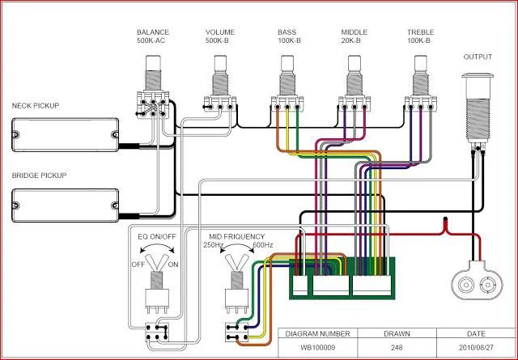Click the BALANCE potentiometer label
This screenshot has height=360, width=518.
coord(153,33)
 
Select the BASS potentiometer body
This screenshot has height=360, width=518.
coord(286,84)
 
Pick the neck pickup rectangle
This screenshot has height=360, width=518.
coord(65,134)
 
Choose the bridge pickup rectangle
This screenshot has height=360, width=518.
coord(65,204)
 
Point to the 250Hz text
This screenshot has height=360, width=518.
coord(214,245)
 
